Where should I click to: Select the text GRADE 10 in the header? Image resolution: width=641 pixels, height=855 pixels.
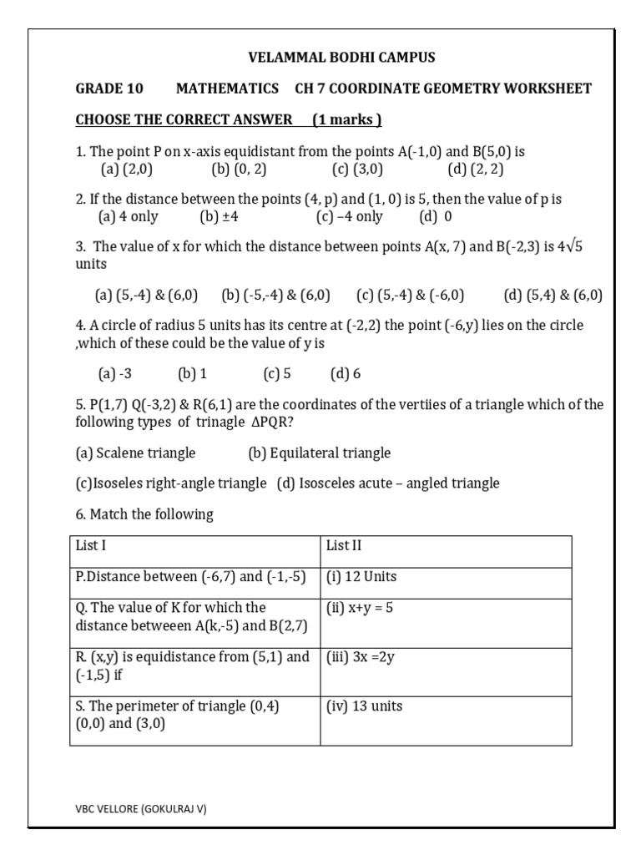109,89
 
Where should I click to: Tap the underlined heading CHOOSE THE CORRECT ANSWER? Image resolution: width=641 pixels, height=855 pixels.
184,119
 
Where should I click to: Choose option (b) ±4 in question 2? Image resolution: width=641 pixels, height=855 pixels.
220,217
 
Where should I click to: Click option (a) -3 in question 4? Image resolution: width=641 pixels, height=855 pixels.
116,373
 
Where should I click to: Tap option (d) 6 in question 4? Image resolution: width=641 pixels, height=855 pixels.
346,373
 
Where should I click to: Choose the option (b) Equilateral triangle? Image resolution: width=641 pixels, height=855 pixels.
319,453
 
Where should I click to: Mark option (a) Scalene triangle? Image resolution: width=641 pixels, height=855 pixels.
135,453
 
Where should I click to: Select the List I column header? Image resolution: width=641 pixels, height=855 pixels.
91,546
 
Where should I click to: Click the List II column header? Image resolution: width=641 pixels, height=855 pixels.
344,546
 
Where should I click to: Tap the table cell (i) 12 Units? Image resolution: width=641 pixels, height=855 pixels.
361,577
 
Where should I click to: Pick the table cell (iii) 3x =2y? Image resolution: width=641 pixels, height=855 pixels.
361,657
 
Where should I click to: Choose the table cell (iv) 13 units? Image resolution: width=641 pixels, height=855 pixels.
365,706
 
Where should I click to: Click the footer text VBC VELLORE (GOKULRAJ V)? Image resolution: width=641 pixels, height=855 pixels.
141,809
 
